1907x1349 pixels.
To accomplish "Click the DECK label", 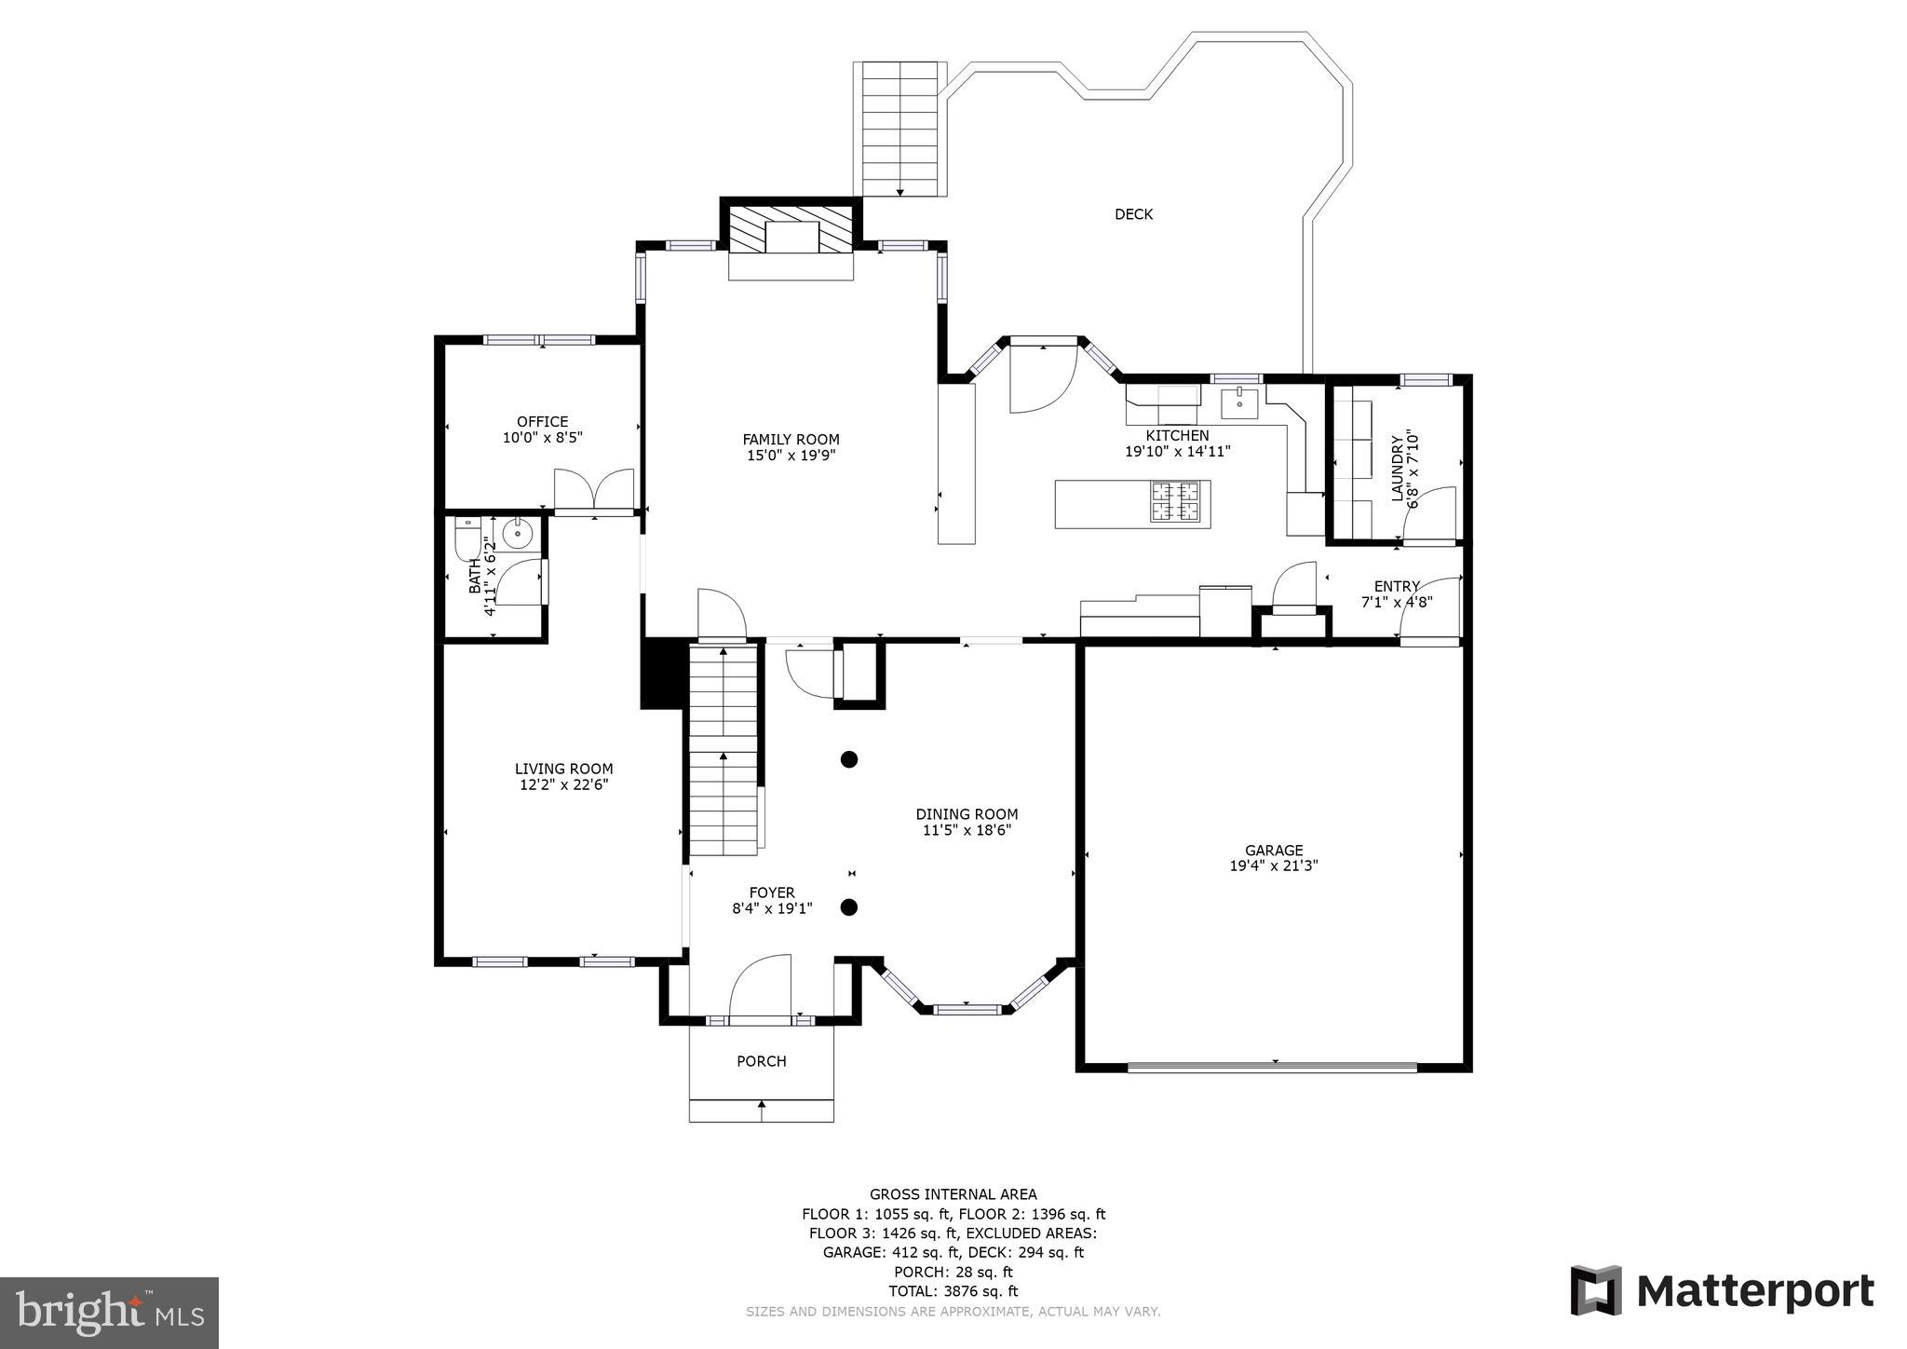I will click(1133, 214).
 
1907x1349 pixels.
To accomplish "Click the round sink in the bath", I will click(516, 534).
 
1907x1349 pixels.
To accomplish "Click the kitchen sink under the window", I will click(1239, 404).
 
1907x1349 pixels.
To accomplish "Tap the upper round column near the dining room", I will click(848, 759).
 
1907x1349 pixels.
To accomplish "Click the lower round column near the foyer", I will click(848, 907).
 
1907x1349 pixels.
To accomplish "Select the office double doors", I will click(594, 490).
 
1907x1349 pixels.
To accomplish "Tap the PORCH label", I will click(761, 1061).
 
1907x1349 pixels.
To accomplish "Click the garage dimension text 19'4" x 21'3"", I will click(1274, 865).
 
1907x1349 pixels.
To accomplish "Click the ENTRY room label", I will click(1397, 586).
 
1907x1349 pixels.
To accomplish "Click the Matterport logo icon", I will click(1596, 1290).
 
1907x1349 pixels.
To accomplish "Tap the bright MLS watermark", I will click(109, 1313).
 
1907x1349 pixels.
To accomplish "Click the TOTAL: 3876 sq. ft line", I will click(953, 1291).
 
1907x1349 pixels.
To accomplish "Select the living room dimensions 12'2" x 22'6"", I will click(563, 785).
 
